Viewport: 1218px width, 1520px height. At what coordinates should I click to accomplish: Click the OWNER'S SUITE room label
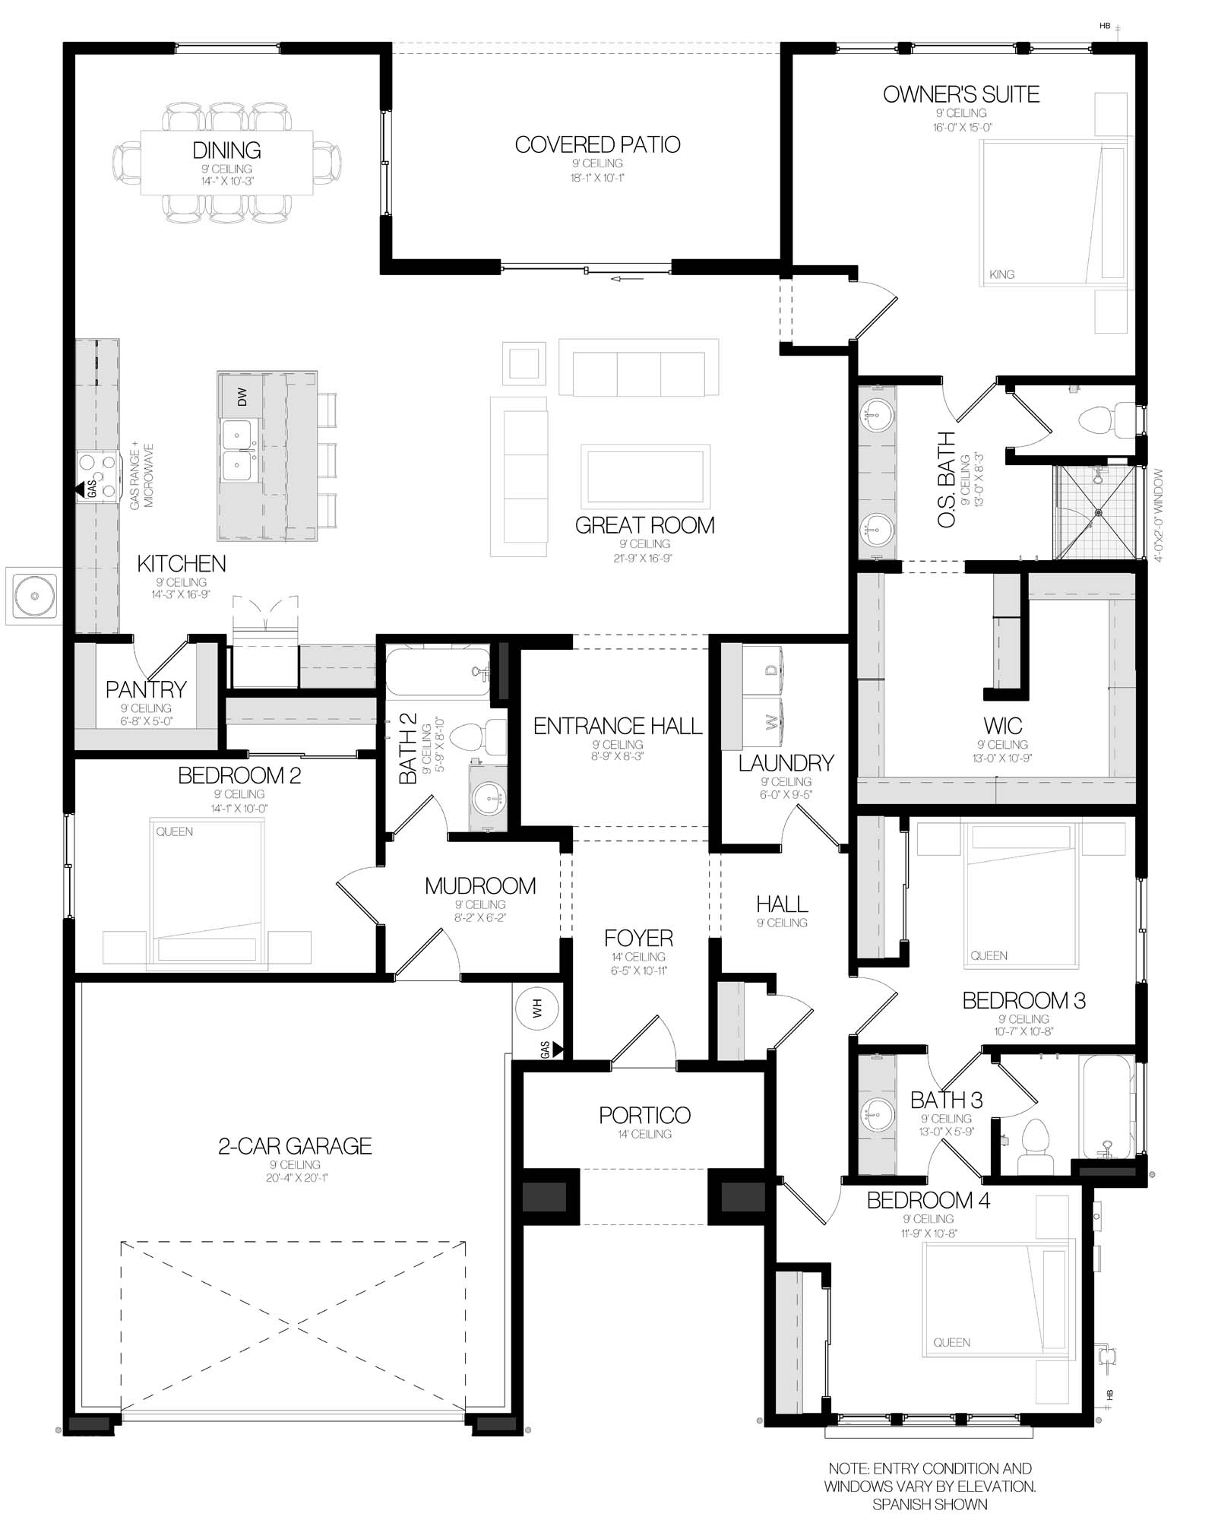(x=961, y=94)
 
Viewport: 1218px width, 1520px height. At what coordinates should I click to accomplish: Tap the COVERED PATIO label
(x=597, y=144)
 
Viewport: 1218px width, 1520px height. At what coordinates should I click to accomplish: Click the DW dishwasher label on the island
(x=242, y=397)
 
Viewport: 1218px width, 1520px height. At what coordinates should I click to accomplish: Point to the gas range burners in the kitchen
(x=98, y=476)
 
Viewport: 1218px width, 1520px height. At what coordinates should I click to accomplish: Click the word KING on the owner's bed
(x=1001, y=274)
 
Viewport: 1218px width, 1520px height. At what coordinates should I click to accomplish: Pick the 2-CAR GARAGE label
(x=295, y=1146)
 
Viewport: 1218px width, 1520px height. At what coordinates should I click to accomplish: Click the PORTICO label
(x=644, y=1115)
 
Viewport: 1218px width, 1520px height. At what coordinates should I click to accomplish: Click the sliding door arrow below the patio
(x=627, y=279)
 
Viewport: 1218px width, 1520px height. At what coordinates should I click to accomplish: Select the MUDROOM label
(x=480, y=885)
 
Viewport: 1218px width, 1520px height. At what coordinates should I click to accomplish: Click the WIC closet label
(x=1002, y=725)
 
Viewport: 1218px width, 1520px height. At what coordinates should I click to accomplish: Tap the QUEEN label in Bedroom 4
(x=951, y=1342)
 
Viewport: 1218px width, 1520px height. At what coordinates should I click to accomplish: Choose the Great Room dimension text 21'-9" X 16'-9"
(x=644, y=558)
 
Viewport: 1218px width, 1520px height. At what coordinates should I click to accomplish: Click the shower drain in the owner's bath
(x=1098, y=512)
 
